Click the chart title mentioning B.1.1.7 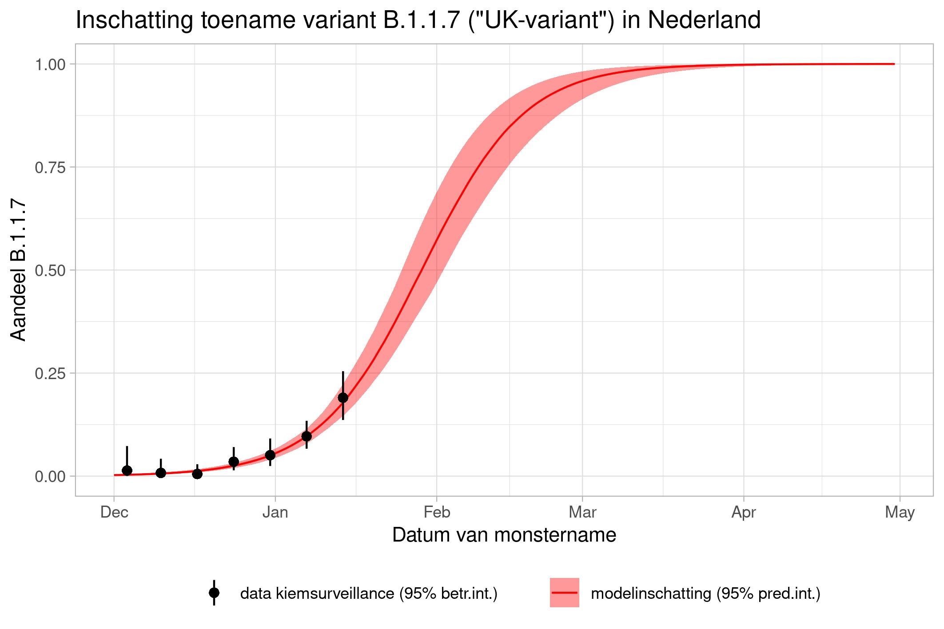[418, 20]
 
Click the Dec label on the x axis [114, 513]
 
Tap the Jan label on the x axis [275, 513]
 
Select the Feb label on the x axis [437, 513]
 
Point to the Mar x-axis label [582, 513]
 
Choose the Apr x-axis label [744, 513]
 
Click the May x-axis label [900, 513]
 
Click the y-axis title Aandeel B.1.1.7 [19, 270]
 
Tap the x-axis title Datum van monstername [504, 535]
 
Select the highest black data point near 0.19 [343, 398]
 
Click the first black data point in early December [127, 471]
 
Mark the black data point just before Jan [270, 455]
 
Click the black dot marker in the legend [214, 593]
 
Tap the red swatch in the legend [564, 593]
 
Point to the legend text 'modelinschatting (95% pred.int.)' [705, 593]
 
